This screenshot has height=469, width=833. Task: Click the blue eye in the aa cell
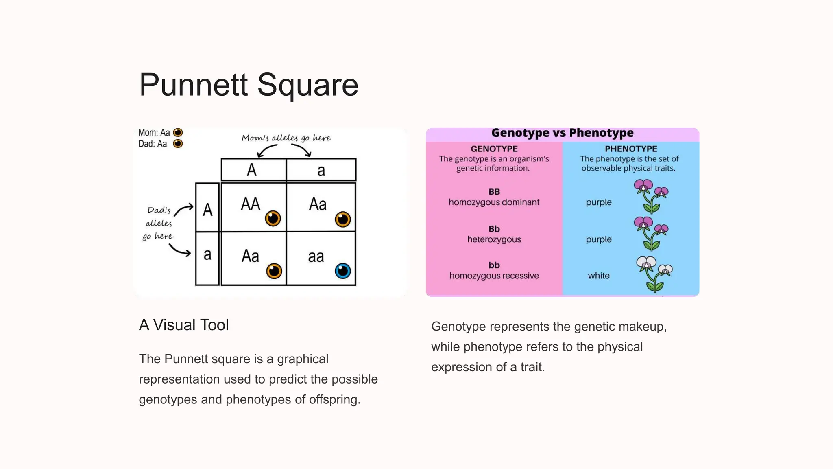[343, 271]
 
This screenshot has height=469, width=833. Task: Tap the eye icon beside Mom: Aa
[178, 132]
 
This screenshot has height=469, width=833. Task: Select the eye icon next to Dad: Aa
[178, 143]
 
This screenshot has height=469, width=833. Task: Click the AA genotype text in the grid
[250, 204]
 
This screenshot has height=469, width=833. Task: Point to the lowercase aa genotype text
[316, 256]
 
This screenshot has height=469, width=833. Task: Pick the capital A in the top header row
[252, 170]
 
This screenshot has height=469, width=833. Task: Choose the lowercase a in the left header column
[207, 254]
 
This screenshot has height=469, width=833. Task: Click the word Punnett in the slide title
[193, 85]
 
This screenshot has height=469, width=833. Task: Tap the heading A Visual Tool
[184, 325]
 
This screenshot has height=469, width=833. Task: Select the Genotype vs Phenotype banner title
[562, 133]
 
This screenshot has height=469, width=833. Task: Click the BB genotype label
[494, 192]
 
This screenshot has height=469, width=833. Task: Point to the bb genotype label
[494, 265]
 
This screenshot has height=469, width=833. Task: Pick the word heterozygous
[494, 239]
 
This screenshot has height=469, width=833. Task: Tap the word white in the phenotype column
[599, 276]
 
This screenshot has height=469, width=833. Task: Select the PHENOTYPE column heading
[631, 149]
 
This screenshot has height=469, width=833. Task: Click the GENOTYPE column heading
[494, 149]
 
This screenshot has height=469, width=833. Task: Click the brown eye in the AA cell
[273, 219]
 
